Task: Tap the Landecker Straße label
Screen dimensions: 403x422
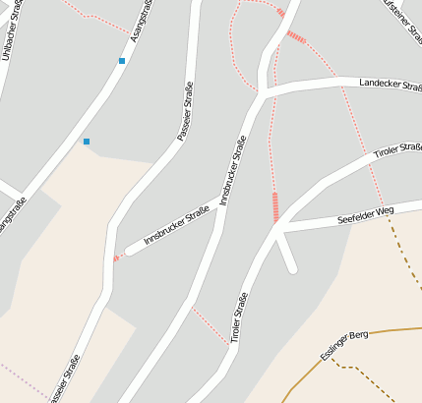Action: tap(389, 84)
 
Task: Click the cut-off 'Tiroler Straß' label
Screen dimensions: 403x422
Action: tap(397, 153)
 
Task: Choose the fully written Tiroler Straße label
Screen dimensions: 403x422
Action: tap(238, 317)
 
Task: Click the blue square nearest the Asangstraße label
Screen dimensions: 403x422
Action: tap(122, 61)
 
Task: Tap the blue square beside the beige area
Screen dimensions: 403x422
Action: tap(87, 142)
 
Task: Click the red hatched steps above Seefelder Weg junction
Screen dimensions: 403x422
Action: tap(275, 205)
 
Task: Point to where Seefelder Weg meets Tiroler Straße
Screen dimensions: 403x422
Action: tap(278, 229)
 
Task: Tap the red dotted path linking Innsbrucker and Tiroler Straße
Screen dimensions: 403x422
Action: tap(211, 326)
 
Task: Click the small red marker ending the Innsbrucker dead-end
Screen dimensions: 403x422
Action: tap(116, 259)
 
